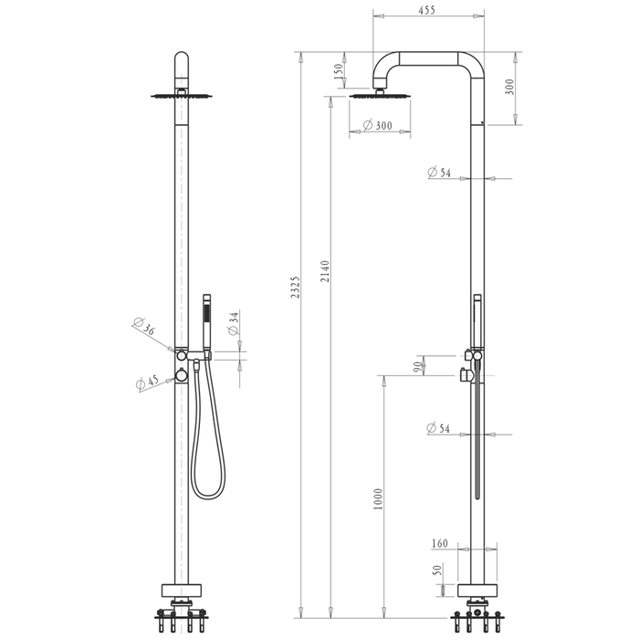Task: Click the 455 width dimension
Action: coord(427,10)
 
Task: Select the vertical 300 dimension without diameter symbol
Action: coord(510,86)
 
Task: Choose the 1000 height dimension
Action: coord(379,498)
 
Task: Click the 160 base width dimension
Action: coord(439,544)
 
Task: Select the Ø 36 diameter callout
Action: coord(145,328)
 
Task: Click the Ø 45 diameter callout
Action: coord(146,382)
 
